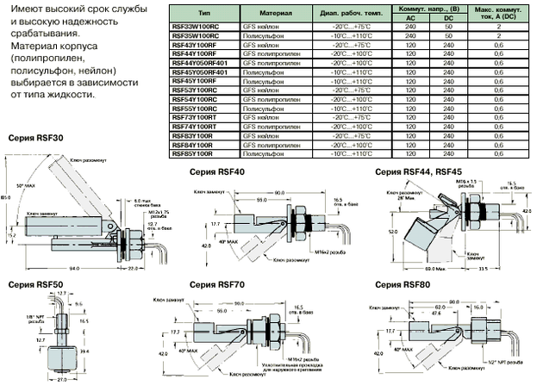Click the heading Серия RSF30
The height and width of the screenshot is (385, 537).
[x=32, y=138]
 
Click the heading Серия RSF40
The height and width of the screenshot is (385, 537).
[x=216, y=171]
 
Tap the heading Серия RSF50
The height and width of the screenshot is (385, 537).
[x=32, y=283]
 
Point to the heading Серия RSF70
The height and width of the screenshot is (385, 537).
[x=216, y=283]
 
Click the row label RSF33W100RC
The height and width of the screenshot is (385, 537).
[x=194, y=27]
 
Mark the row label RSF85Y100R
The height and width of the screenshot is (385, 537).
[x=191, y=154]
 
